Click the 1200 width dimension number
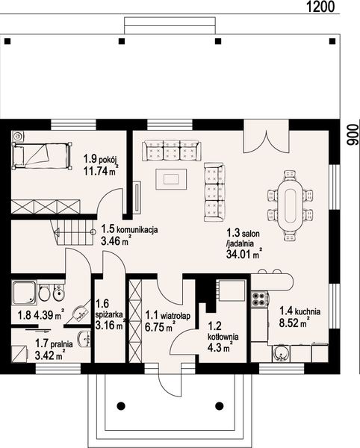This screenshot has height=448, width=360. click(x=320, y=6)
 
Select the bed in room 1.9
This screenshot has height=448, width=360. click(x=41, y=157)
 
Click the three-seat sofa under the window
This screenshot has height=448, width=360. click(x=172, y=151)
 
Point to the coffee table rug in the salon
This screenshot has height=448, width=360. click(x=171, y=179)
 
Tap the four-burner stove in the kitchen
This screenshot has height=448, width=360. click(x=259, y=299)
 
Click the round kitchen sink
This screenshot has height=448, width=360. click(x=280, y=354)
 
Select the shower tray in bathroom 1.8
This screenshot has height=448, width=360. click(x=25, y=292)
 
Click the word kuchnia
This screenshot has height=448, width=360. click(x=308, y=311)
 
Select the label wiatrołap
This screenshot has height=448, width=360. click(x=176, y=316)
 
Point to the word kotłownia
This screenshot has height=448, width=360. click(x=223, y=337)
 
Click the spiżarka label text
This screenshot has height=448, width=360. click(x=110, y=314)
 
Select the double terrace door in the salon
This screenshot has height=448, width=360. click(x=267, y=137)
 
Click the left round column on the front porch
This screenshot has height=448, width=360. click(x=121, y=405)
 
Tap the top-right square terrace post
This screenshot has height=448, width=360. click(x=332, y=41)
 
